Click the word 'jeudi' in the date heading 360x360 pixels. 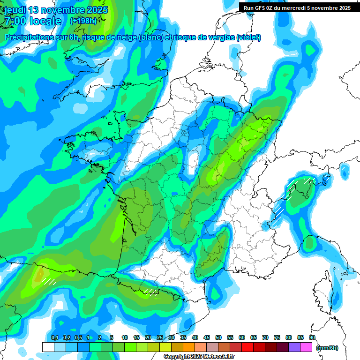pyautogui.click(x=15, y=10)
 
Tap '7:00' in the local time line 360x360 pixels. pyautogui.click(x=14, y=21)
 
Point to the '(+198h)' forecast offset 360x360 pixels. pyautogui.click(x=83, y=21)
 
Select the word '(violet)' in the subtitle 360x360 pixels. pyautogui.click(x=249, y=37)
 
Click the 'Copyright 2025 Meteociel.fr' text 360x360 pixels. pyautogui.click(x=199, y=357)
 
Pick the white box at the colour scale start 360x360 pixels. pyautogui.click(x=48, y=347)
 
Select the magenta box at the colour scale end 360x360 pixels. pyautogui.click(x=306, y=347)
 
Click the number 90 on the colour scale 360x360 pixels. pyautogui.click(x=312, y=338)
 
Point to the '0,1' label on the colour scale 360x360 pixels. pyautogui.click(x=54, y=338)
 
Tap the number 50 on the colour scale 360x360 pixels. pyautogui.click(x=218, y=338)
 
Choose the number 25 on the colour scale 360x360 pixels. pyautogui.click(x=160, y=338)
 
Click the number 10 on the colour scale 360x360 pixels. pyautogui.click(x=125, y=338)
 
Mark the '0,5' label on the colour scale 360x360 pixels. pyautogui.click(x=78, y=338)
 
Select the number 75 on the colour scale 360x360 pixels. pyautogui.click(x=277, y=338)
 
